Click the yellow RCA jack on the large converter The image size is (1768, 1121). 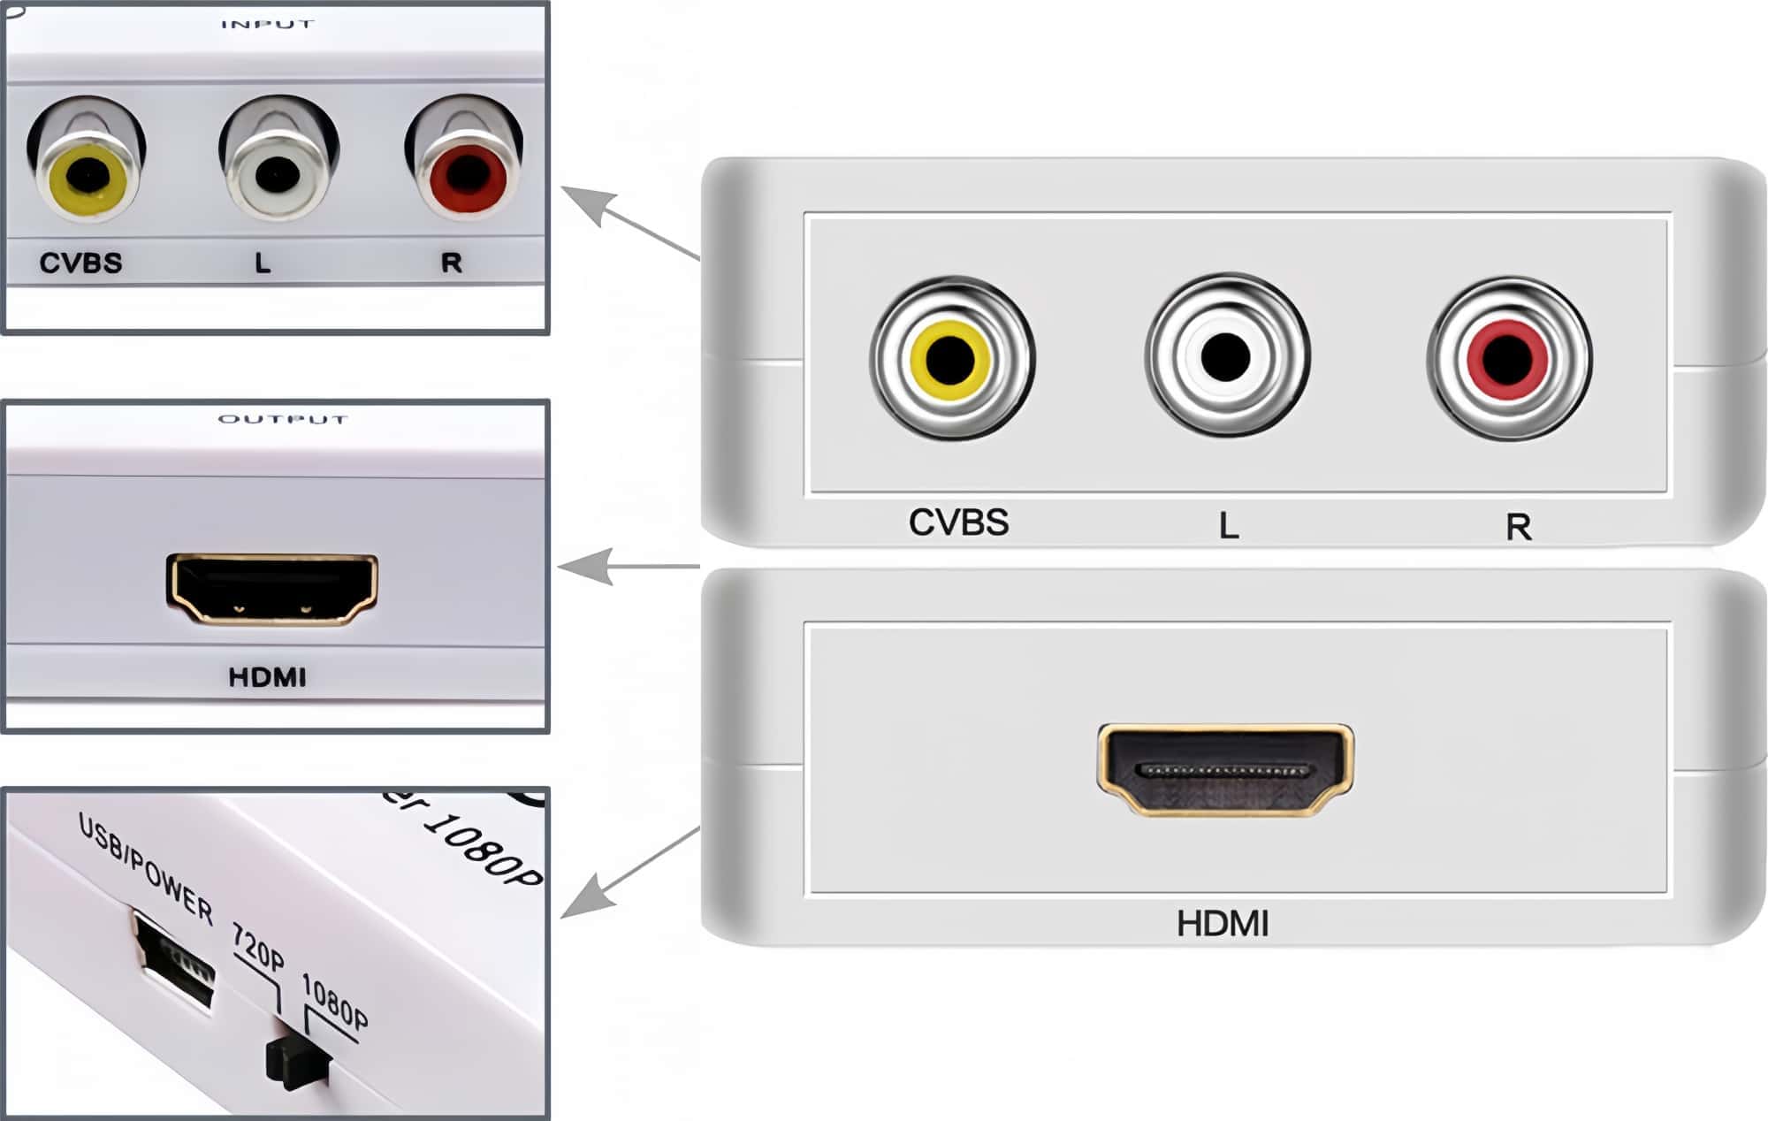click(x=950, y=359)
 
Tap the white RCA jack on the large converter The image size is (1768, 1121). click(x=1226, y=356)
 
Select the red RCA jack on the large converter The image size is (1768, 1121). click(x=1508, y=359)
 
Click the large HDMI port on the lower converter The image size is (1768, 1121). click(x=1225, y=769)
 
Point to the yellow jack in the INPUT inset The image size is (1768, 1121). click(x=86, y=176)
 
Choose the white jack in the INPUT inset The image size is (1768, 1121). click(x=277, y=173)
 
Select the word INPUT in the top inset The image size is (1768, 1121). click(x=267, y=24)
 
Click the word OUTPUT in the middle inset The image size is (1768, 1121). click(x=283, y=419)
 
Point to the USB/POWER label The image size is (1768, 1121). click(x=147, y=869)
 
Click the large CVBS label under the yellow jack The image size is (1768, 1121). click(x=958, y=522)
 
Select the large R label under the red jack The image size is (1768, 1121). click(x=1518, y=527)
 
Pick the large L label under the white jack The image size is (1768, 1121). click(x=1229, y=526)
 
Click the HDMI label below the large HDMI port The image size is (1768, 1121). click(x=1223, y=924)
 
